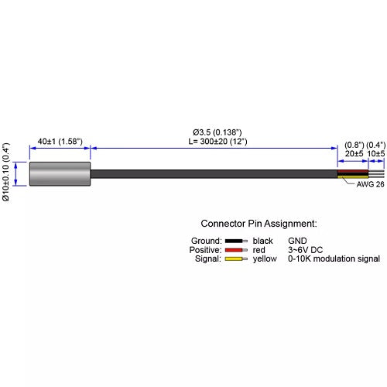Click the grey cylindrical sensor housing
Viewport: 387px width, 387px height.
click(x=60, y=173)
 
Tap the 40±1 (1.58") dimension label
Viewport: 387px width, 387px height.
click(x=60, y=142)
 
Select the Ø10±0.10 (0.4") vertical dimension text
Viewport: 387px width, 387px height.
click(x=5, y=172)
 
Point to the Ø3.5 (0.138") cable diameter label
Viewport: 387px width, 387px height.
click(x=217, y=132)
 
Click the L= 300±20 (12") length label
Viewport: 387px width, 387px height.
click(x=217, y=142)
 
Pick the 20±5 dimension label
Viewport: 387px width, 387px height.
click(x=354, y=153)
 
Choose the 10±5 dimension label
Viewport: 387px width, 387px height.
click(x=376, y=153)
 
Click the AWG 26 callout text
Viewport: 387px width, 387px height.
click(x=370, y=184)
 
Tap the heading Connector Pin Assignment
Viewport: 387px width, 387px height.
click(x=259, y=224)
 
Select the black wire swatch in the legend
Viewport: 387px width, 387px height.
click(x=236, y=241)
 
